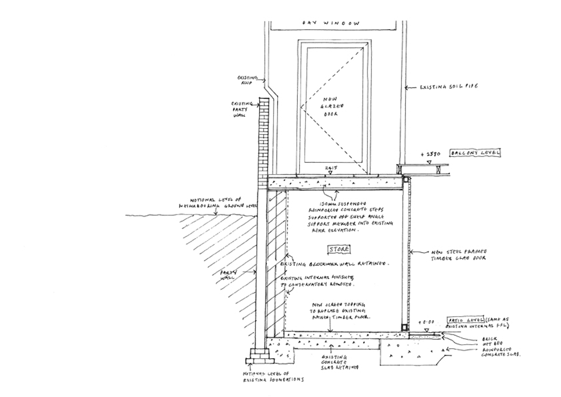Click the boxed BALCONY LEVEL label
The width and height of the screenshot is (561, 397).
click(475, 153)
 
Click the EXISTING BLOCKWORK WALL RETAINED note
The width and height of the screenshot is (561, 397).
click(335, 263)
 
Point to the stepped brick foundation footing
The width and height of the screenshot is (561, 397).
click(259, 355)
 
